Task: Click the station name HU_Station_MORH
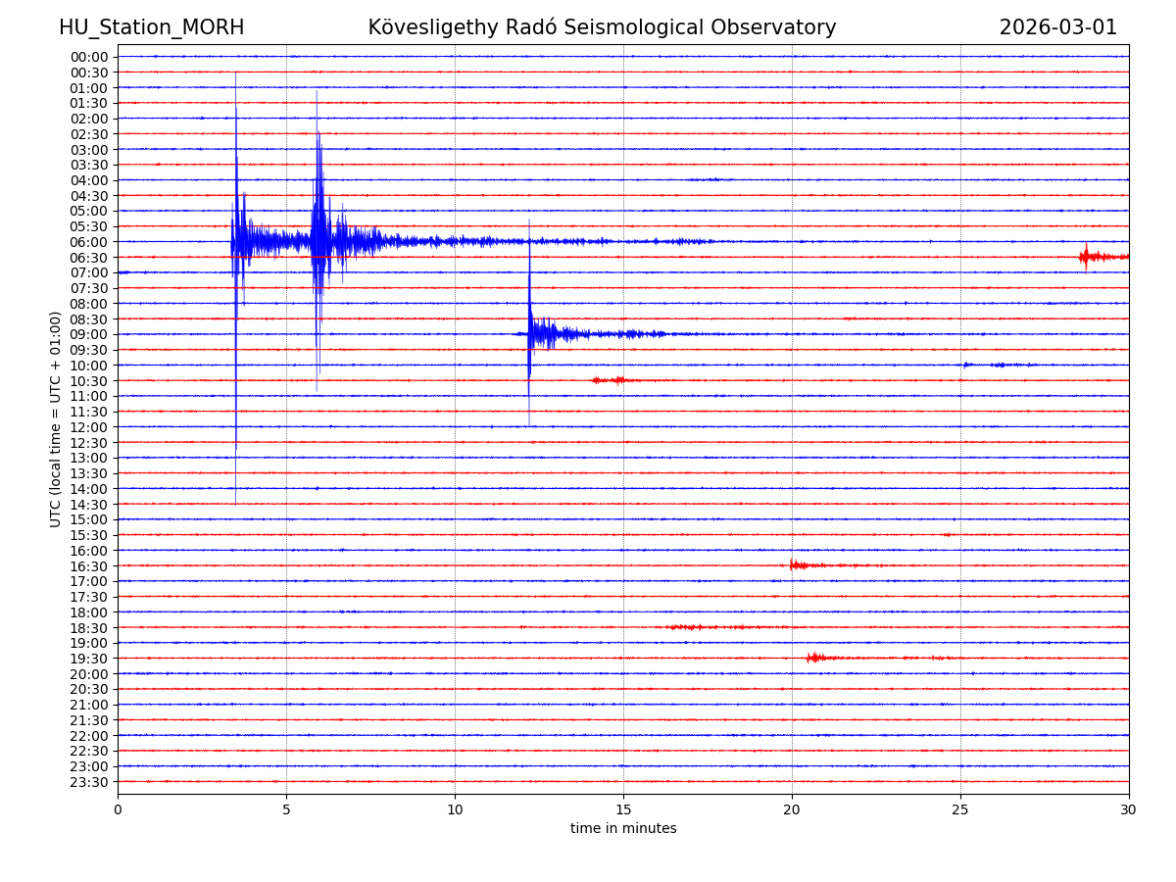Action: [x=151, y=28]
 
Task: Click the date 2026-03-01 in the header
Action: [x=1057, y=28]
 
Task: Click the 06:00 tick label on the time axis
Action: [x=89, y=242]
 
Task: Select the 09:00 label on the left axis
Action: [x=89, y=334]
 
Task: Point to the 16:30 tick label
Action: [x=89, y=566]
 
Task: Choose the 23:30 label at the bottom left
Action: [x=89, y=782]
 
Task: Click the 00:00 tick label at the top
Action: [x=89, y=57]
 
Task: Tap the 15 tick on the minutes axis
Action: [x=623, y=809]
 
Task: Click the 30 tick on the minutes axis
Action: [x=1129, y=809]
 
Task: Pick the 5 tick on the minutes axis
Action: [x=286, y=809]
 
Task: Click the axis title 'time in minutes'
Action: [x=623, y=829]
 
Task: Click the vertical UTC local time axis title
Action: [x=56, y=418]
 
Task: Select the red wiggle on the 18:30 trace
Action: [x=686, y=626]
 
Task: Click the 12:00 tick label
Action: [x=89, y=427]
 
